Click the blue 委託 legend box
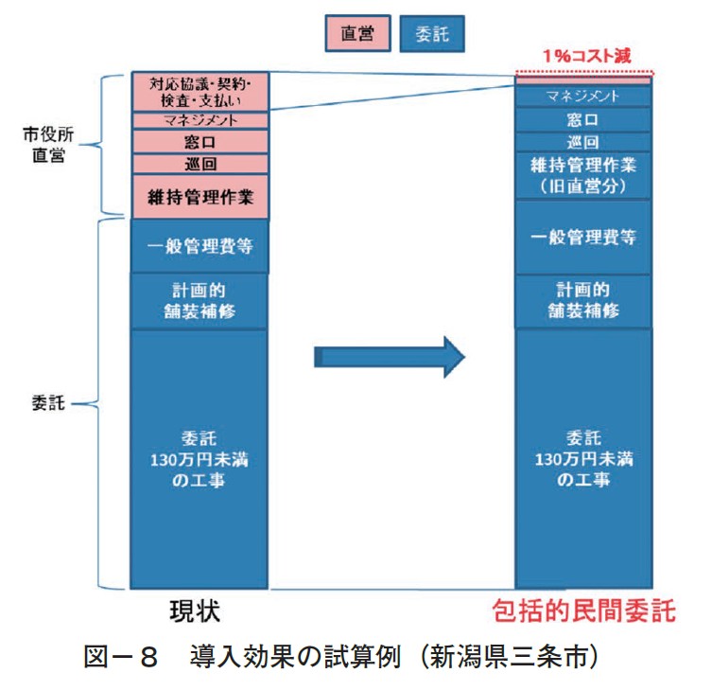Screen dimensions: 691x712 coord(433,35)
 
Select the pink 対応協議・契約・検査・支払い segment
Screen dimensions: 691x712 coord(200,91)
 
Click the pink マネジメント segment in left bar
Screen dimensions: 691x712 coord(200,120)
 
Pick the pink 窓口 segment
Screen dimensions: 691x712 coord(200,142)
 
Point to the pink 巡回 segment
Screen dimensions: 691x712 coord(200,164)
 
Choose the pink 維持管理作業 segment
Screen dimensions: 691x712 coord(200,196)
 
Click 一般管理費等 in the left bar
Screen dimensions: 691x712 coord(200,246)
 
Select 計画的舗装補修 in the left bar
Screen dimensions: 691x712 coord(200,300)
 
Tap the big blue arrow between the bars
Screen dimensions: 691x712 coord(389,356)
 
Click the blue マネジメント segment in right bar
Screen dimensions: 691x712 coord(582,96)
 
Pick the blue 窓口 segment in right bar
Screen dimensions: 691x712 coord(582,120)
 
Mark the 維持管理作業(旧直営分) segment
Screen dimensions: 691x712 coord(582,175)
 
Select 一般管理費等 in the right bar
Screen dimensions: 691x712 coord(582,238)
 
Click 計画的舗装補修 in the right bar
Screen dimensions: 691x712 coord(582,299)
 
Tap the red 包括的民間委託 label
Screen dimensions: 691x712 coord(584,611)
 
